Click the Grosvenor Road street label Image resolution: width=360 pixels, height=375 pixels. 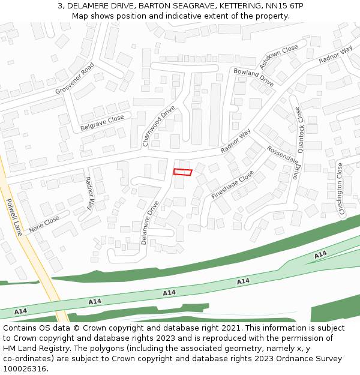(x=76, y=79)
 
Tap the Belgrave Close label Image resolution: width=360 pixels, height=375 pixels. (x=102, y=124)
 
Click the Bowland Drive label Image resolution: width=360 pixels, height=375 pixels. (x=253, y=77)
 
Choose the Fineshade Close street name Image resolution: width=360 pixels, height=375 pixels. (x=233, y=185)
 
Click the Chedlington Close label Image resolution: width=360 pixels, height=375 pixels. (x=341, y=188)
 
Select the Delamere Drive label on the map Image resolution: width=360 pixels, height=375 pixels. (x=150, y=222)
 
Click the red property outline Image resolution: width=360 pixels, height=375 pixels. (x=182, y=172)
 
